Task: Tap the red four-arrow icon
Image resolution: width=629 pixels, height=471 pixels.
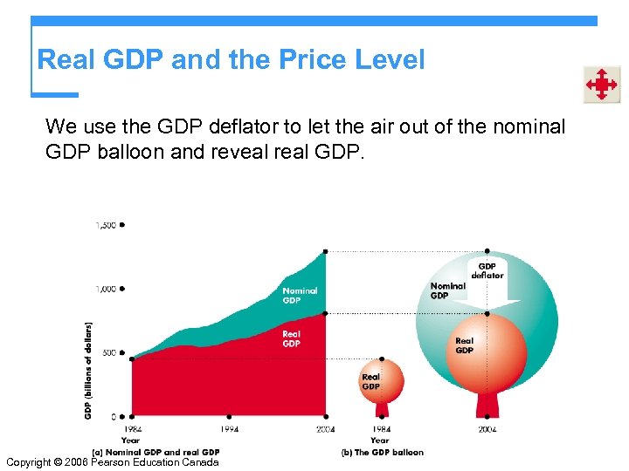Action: point(601,85)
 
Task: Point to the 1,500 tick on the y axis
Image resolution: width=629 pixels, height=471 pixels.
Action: point(105,225)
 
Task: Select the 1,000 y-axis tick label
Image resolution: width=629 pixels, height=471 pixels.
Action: point(105,289)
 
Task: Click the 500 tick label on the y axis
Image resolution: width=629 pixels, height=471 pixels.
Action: point(108,353)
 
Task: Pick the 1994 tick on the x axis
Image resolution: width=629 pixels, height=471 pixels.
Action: point(228,429)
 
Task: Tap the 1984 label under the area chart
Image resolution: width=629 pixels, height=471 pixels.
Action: point(131,429)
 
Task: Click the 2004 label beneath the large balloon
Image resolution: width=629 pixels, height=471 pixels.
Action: point(487,429)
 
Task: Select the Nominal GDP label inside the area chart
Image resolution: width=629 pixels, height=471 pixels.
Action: point(300,295)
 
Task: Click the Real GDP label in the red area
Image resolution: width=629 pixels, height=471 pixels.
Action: point(292,338)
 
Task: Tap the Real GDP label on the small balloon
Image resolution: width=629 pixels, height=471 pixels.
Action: point(371,381)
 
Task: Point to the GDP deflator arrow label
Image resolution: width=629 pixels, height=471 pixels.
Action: point(487,270)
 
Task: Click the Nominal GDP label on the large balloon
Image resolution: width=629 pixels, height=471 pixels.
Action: point(447,290)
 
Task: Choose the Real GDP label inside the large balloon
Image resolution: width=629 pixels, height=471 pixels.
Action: point(464,345)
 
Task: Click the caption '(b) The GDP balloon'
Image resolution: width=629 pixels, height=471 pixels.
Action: point(383,452)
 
